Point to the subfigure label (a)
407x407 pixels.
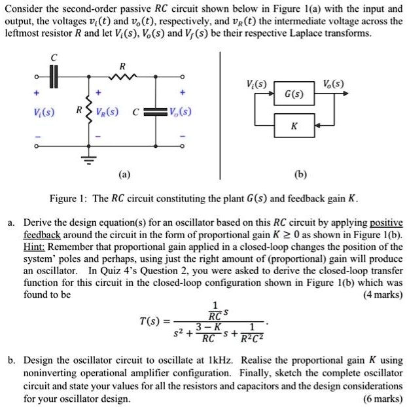point(124,175)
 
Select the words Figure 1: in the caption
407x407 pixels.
point(67,198)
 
